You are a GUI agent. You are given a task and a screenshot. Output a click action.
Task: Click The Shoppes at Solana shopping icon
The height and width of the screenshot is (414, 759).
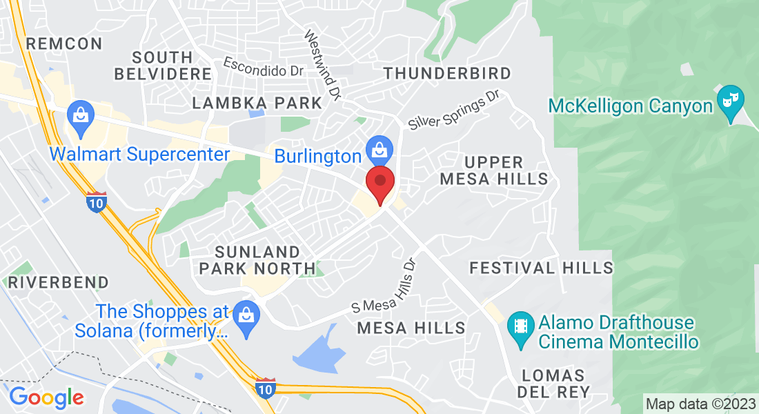(x=245, y=314)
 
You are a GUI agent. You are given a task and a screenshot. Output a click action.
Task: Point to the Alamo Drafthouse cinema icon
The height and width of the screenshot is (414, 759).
(x=520, y=322)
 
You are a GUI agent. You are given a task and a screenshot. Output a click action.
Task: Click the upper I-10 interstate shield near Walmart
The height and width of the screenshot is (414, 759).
(x=97, y=202)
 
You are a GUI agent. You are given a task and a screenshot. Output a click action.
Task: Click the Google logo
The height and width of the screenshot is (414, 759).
(x=46, y=397)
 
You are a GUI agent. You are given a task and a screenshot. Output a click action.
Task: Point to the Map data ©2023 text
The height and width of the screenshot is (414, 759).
(x=699, y=403)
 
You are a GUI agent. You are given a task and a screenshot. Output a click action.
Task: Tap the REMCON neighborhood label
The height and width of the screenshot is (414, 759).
(x=63, y=43)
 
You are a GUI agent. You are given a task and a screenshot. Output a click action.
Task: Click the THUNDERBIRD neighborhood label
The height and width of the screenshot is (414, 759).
(x=447, y=73)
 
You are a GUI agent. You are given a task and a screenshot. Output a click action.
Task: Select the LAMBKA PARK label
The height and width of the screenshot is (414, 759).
(x=257, y=103)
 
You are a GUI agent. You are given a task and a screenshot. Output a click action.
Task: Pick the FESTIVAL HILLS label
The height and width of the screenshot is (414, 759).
(x=541, y=268)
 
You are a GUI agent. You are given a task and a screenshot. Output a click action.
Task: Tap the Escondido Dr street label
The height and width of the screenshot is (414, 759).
(x=264, y=67)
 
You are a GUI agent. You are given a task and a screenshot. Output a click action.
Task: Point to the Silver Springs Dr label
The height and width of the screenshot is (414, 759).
(x=453, y=110)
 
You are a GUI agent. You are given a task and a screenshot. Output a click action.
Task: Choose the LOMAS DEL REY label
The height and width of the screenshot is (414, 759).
(x=555, y=384)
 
